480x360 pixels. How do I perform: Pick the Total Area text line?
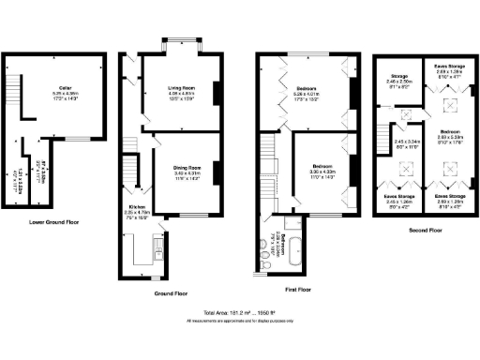(240, 311)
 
